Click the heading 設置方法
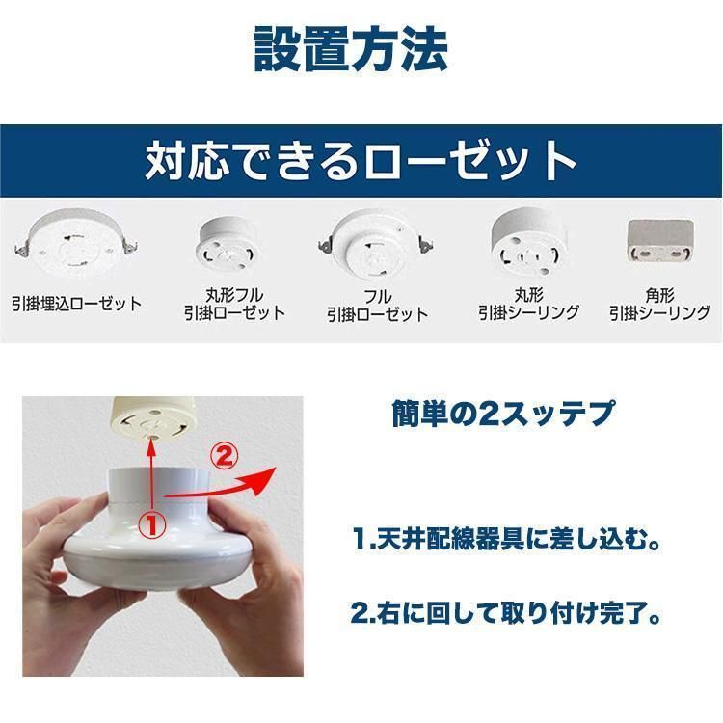[351, 48]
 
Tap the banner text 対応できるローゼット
[361, 160]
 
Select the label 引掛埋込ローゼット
[76, 304]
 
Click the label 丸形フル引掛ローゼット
[234, 304]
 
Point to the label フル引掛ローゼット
[378, 306]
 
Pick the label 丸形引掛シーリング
[529, 304]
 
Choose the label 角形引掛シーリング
[659, 305]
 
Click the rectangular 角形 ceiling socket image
[660, 240]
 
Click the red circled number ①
[152, 524]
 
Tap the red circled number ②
[225, 457]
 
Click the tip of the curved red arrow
[276, 468]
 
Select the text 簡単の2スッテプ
[503, 414]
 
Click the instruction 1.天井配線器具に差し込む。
[506, 538]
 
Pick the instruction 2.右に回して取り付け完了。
[506, 613]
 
